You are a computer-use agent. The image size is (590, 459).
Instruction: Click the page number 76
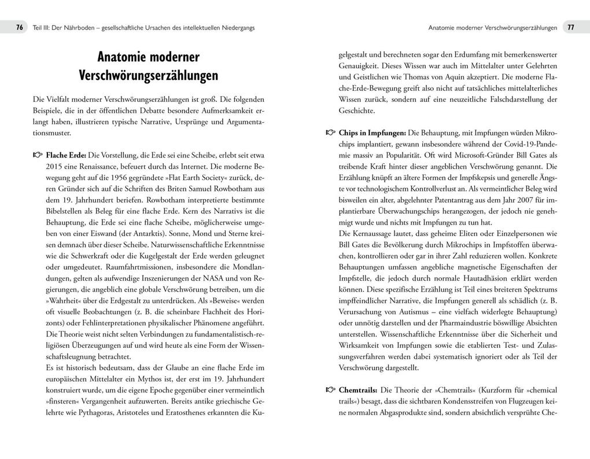(x=19, y=27)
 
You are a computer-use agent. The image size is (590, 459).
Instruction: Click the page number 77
(x=570, y=27)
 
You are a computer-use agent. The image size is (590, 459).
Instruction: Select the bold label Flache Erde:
(x=66, y=155)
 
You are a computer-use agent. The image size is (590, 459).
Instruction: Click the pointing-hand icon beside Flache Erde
(x=38, y=155)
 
